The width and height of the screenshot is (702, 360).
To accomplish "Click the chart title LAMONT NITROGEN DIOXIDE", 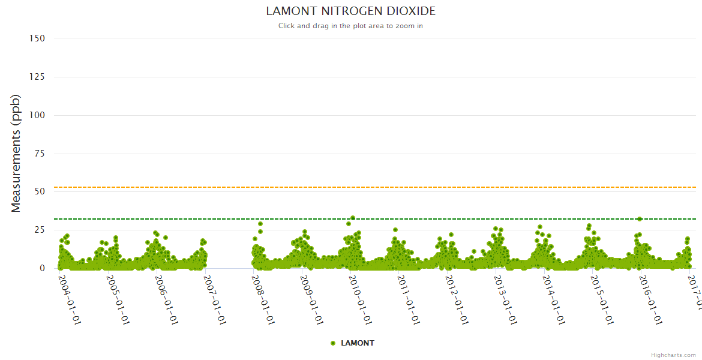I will pyautogui.click(x=350, y=11).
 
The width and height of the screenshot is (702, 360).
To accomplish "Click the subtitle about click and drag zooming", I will pyautogui.click(x=350, y=26).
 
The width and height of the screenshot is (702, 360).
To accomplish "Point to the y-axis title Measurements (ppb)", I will pyautogui.click(x=16, y=153).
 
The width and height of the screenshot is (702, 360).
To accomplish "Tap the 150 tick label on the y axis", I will pyautogui.click(x=37, y=38).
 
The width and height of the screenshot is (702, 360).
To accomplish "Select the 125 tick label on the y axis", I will pyautogui.click(x=37, y=77).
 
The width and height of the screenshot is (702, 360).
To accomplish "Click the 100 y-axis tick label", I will pyautogui.click(x=37, y=115).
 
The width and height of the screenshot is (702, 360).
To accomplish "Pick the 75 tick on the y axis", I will pyautogui.click(x=39, y=154).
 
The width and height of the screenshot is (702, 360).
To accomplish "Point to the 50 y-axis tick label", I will pyautogui.click(x=39, y=191).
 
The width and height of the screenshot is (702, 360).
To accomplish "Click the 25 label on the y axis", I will pyautogui.click(x=39, y=230).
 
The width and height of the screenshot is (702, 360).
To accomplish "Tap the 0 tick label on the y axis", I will pyautogui.click(x=42, y=268).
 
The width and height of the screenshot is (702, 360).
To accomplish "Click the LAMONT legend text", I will pyautogui.click(x=358, y=343).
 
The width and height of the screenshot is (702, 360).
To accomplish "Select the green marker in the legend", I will pyautogui.click(x=332, y=343).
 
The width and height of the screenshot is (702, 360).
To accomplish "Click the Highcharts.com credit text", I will pyautogui.click(x=673, y=355).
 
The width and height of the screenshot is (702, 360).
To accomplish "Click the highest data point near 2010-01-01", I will pyautogui.click(x=353, y=218).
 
